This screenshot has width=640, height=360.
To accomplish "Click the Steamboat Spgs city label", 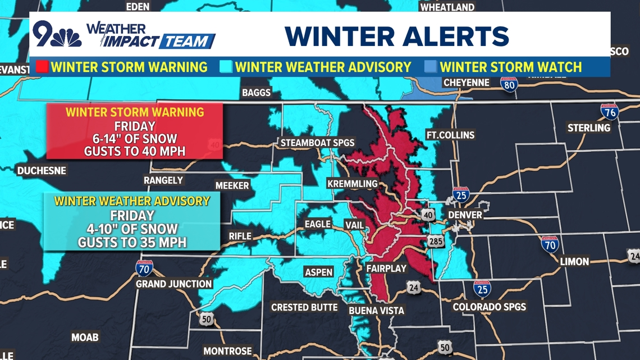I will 317,143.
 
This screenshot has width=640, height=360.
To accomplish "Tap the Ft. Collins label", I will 450,135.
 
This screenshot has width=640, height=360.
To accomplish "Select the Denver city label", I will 465,215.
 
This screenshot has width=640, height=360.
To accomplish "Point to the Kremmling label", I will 353,184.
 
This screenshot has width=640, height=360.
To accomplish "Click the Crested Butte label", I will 304,307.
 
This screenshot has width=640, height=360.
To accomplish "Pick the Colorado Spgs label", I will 490,307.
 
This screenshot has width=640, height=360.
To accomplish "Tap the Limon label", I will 574,261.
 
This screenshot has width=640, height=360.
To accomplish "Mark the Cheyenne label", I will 467,83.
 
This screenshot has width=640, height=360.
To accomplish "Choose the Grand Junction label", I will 174,284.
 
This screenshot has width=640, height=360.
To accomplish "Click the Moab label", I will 85,337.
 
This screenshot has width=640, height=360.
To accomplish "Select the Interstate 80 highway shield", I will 509,85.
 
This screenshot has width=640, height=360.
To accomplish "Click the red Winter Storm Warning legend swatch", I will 42,67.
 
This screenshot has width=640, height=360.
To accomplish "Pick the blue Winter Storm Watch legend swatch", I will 431,67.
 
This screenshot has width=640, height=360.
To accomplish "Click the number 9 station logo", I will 45,34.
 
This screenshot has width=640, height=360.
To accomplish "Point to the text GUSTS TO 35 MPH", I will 132,243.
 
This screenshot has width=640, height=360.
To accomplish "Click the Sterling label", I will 588,127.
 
